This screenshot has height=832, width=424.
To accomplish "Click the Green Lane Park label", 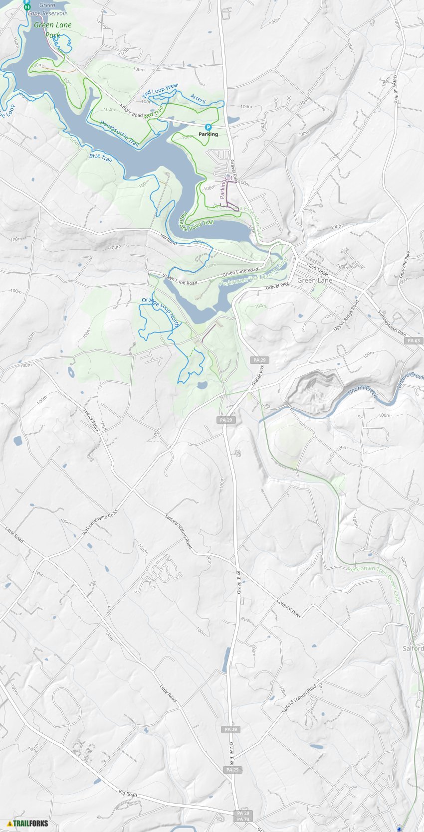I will [x=52, y=30].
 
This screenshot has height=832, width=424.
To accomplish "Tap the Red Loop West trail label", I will [x=160, y=91].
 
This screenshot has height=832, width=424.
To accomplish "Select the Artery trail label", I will [x=198, y=99].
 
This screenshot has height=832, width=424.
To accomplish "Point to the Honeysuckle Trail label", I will [x=119, y=133].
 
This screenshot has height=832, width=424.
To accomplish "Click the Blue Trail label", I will [x=101, y=157].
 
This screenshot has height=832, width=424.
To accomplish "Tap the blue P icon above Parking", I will [x=209, y=128].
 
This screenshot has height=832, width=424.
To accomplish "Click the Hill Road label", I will [x=168, y=239].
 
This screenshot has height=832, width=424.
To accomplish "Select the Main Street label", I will [x=317, y=269].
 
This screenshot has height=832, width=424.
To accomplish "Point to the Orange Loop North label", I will [x=161, y=311].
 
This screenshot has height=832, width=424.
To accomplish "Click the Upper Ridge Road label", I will [x=346, y=315].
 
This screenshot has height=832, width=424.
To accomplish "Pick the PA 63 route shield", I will [x=414, y=340].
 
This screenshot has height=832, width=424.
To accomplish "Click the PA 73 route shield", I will [x=243, y=819].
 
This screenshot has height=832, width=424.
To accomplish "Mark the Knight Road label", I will [x=131, y=111].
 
